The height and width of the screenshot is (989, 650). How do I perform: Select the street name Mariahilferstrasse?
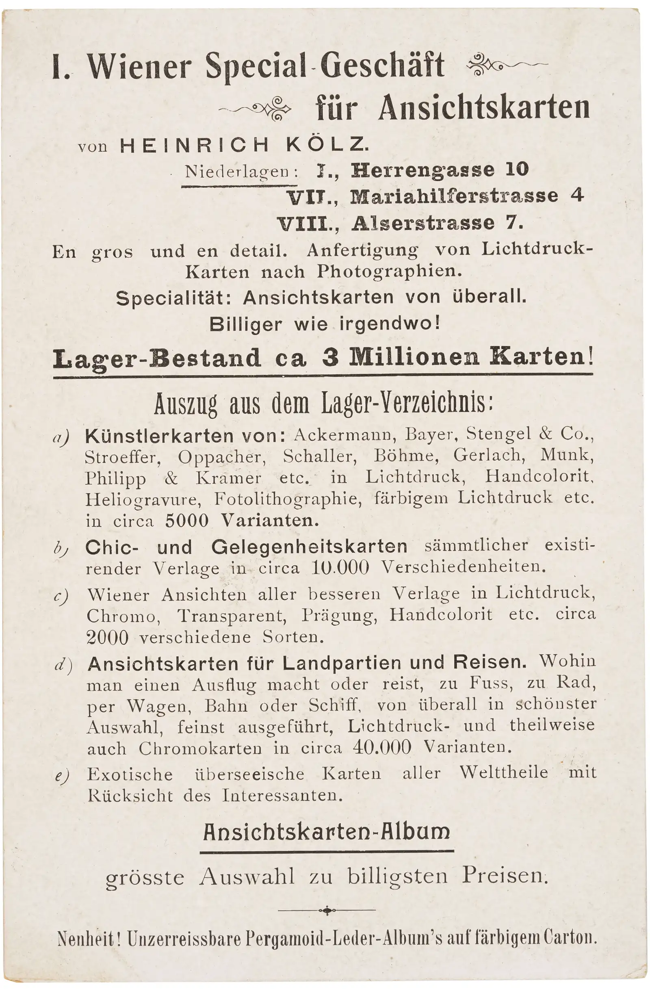[454, 196]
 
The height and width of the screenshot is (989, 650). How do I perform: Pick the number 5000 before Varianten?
[187, 521]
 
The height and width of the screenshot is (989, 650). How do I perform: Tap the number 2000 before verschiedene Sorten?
[108, 638]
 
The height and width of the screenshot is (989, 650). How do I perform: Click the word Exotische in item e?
[130, 774]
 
